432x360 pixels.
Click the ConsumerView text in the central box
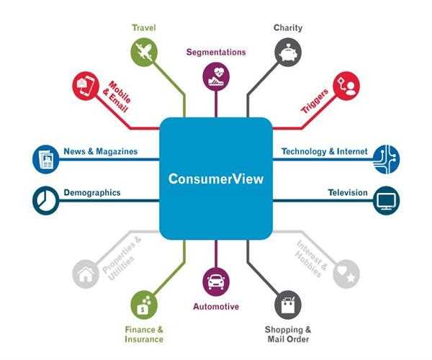(x=216, y=179)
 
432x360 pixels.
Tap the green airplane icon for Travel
(x=144, y=52)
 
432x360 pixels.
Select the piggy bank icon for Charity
(x=288, y=52)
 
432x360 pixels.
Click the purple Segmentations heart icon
(x=216, y=76)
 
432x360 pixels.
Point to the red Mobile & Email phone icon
(x=86, y=86)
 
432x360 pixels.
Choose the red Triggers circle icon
(x=346, y=86)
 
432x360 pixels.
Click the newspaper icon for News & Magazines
(x=46, y=159)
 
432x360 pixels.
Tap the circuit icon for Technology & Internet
(x=386, y=159)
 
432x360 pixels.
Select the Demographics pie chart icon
(x=46, y=200)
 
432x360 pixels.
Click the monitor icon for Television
(x=386, y=200)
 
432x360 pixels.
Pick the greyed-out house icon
(x=86, y=274)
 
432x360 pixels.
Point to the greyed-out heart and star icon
(x=346, y=274)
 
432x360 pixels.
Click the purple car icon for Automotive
(x=216, y=282)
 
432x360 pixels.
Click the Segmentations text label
(x=216, y=52)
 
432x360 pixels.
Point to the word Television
(x=348, y=192)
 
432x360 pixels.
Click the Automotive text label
(x=216, y=306)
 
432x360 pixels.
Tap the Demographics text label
(x=92, y=192)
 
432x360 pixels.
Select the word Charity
(x=288, y=28)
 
